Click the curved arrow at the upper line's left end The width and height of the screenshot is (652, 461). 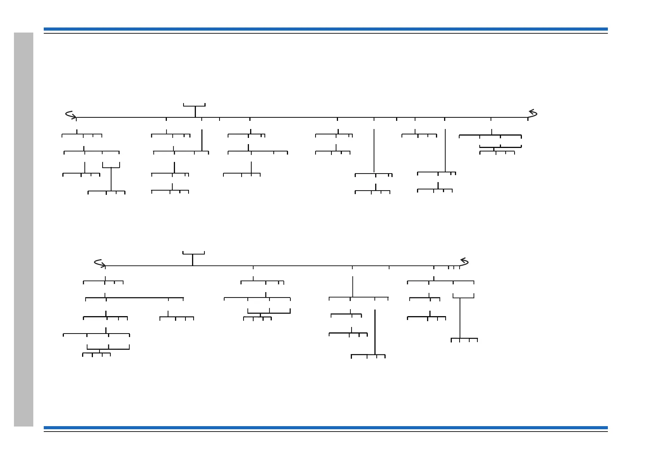pyautogui.click(x=70, y=115)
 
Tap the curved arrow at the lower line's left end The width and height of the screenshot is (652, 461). pyautogui.click(x=100, y=263)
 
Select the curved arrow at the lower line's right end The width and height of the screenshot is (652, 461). pyautogui.click(x=464, y=261)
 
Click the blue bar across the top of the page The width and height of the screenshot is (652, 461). pyautogui.click(x=325, y=29)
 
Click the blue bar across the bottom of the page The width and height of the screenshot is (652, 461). pyautogui.click(x=325, y=428)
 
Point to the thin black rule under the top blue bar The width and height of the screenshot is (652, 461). pyautogui.click(x=325, y=33)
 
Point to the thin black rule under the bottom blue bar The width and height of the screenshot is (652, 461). pyautogui.click(x=325, y=432)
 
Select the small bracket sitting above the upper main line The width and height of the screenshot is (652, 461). pyautogui.click(x=194, y=105)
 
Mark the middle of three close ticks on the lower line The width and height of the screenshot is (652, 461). pyautogui.click(x=454, y=267)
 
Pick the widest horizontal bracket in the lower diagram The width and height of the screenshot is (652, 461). pyautogui.click(x=134, y=298)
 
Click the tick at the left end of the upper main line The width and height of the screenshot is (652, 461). pyautogui.click(x=76, y=119)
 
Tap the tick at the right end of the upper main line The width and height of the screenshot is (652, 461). pyautogui.click(x=528, y=119)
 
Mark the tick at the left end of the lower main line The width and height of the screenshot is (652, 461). pyautogui.click(x=105, y=267)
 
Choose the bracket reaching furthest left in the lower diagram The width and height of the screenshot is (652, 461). pyautogui.click(x=96, y=334)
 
